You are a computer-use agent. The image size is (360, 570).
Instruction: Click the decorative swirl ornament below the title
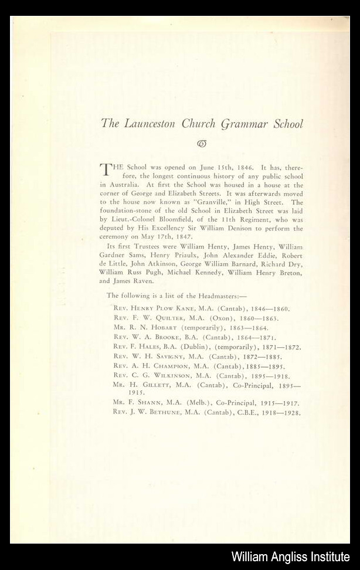(202, 144)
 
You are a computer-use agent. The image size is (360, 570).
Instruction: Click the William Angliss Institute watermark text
(290, 557)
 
